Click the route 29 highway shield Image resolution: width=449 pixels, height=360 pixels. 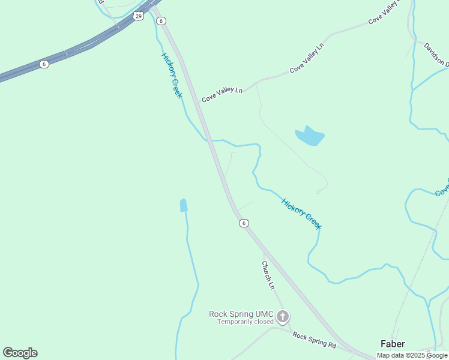pos(139,16)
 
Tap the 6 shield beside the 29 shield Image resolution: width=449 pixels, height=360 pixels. pos(161,20)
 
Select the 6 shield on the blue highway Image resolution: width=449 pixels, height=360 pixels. pos(44,64)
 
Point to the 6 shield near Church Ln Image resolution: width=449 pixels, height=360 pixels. pos(243,223)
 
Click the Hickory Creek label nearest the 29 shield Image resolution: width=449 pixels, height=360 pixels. pos(172,75)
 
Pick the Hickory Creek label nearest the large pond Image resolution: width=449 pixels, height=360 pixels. pos(301,213)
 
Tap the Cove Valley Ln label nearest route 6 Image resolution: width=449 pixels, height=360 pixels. pos(222,94)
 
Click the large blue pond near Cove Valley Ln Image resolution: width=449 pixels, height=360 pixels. pos(309,137)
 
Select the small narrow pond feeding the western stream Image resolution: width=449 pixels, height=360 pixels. pos(183,205)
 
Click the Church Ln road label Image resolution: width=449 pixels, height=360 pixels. pos(268,275)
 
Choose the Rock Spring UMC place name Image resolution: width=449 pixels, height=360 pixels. pos(241,314)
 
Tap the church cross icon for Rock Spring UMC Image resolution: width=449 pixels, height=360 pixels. pos(283,316)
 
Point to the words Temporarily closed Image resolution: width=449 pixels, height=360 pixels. pos(246,322)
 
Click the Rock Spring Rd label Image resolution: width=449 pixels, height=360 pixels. pos(315,340)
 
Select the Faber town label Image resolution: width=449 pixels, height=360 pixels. pos(393,344)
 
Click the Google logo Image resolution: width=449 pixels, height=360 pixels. pos(20,353)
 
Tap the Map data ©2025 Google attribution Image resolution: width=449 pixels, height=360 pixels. pos(412,355)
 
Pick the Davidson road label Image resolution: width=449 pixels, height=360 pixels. pos(436,54)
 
